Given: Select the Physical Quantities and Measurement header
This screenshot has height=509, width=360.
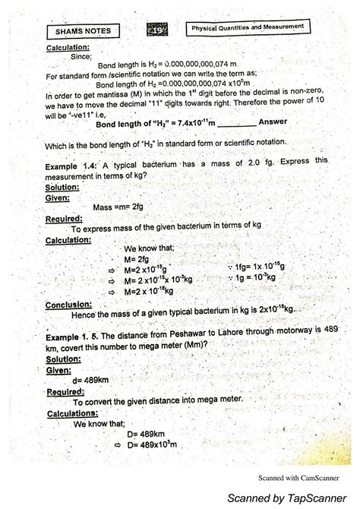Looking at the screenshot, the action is pos(250,27).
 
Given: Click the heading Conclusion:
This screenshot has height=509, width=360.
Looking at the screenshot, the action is pos(68,305).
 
